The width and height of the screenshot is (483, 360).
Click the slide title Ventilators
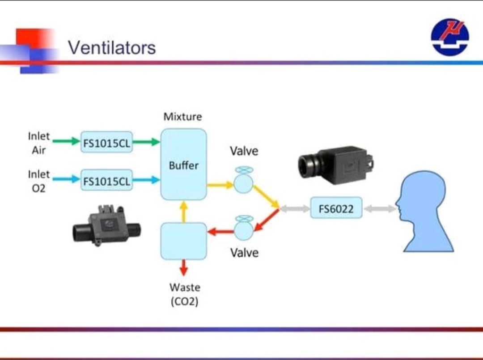[112, 47]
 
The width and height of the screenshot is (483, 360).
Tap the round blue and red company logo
[450, 37]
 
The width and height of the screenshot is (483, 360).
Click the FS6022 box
[336, 209]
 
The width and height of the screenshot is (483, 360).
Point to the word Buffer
[184, 165]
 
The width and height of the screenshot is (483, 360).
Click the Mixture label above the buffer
[182, 117]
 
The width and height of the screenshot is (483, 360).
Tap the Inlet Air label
[39, 143]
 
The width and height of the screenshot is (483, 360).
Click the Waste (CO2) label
[184, 294]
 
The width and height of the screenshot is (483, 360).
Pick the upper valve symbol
[243, 182]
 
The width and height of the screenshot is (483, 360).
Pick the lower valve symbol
[243, 229]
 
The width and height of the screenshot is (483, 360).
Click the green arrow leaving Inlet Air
[66, 142]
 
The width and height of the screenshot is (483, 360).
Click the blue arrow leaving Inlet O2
[66, 180]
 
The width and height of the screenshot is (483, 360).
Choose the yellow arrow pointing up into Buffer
[183, 212]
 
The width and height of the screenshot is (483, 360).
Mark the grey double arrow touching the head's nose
[379, 209]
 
